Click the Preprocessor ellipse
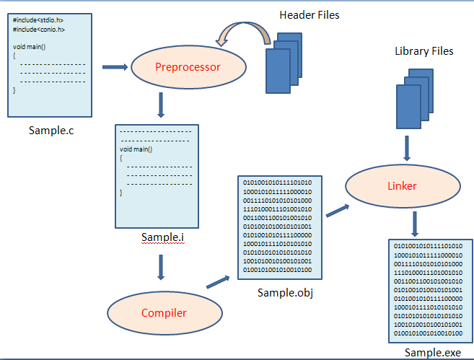(x=188, y=68)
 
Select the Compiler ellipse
(x=163, y=312)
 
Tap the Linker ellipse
(x=401, y=185)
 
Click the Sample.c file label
(x=51, y=131)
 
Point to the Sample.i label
(x=163, y=237)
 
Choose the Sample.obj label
(x=285, y=293)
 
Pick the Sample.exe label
(x=431, y=352)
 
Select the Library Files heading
(x=424, y=51)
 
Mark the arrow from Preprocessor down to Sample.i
(x=161, y=105)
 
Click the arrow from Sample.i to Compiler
(x=161, y=266)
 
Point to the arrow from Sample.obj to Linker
(x=338, y=210)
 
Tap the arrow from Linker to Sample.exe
(x=415, y=224)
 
